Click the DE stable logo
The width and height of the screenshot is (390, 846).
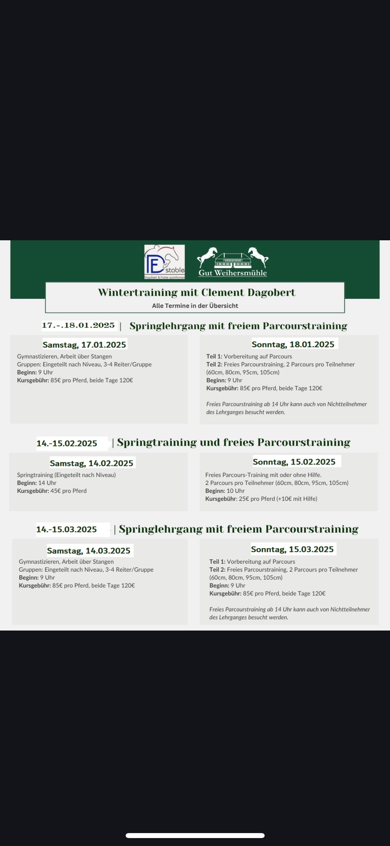click(x=164, y=261)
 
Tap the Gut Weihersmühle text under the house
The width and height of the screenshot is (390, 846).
click(x=233, y=273)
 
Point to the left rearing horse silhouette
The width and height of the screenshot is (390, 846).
click(x=207, y=256)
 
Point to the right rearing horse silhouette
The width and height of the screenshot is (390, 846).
click(x=258, y=256)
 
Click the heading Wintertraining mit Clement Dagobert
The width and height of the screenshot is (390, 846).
click(x=196, y=293)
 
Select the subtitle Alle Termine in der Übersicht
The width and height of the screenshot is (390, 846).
click(x=195, y=306)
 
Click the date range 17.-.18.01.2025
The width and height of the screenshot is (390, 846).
click(x=78, y=325)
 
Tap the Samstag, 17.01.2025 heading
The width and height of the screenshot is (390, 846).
click(x=84, y=345)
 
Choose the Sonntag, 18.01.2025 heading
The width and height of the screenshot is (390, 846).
click(x=293, y=344)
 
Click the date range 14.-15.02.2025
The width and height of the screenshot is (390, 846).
click(x=67, y=444)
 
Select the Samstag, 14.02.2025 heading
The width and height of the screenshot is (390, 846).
click(x=92, y=463)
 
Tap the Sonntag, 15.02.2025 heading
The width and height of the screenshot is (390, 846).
click(x=294, y=462)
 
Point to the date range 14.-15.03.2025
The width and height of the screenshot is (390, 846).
click(x=66, y=529)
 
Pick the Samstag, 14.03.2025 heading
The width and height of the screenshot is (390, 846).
click(x=89, y=550)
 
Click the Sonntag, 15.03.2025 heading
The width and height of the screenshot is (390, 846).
click(x=292, y=549)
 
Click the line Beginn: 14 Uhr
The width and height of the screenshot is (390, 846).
click(x=37, y=483)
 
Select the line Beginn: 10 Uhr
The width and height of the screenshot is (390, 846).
click(x=225, y=491)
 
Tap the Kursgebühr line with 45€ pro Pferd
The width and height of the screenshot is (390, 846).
click(x=52, y=491)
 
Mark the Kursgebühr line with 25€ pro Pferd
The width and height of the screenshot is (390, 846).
click(x=261, y=499)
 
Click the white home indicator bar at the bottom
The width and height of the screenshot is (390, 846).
click(x=195, y=835)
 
